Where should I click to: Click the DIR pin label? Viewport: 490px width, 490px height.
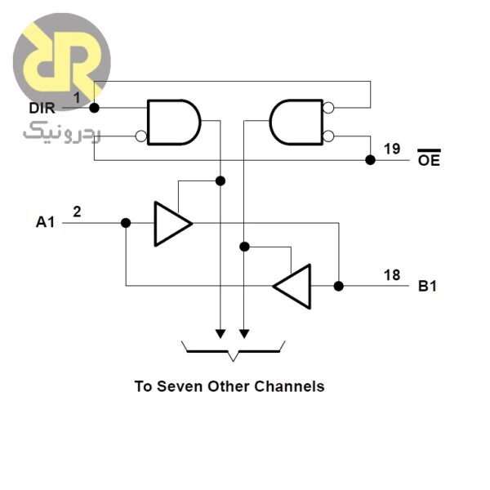(x=42, y=108)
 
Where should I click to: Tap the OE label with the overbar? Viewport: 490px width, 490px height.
(x=429, y=160)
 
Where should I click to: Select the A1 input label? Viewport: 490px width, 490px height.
(x=46, y=221)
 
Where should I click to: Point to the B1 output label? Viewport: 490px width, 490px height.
(x=429, y=286)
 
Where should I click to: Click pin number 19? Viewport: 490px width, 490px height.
(x=392, y=149)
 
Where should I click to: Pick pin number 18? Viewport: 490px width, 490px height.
(x=392, y=274)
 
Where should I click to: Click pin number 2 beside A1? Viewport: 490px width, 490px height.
(x=77, y=212)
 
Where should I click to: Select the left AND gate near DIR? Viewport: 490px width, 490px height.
(x=172, y=122)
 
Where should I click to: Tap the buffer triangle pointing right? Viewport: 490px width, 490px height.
(x=171, y=222)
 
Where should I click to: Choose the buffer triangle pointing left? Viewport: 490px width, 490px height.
(x=293, y=286)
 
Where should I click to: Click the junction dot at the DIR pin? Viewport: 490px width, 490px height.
(x=94, y=108)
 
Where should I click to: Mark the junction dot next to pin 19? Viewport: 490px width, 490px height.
(x=370, y=160)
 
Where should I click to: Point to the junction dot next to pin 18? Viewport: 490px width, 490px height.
(x=339, y=286)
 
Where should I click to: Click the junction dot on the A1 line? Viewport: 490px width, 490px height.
(x=126, y=222)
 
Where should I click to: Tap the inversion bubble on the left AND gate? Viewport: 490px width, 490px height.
(x=142, y=136)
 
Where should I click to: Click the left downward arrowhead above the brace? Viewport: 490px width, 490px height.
(x=219, y=334)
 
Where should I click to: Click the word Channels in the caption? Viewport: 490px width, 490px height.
(x=290, y=386)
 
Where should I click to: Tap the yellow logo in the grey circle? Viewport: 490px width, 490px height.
(x=61, y=61)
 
